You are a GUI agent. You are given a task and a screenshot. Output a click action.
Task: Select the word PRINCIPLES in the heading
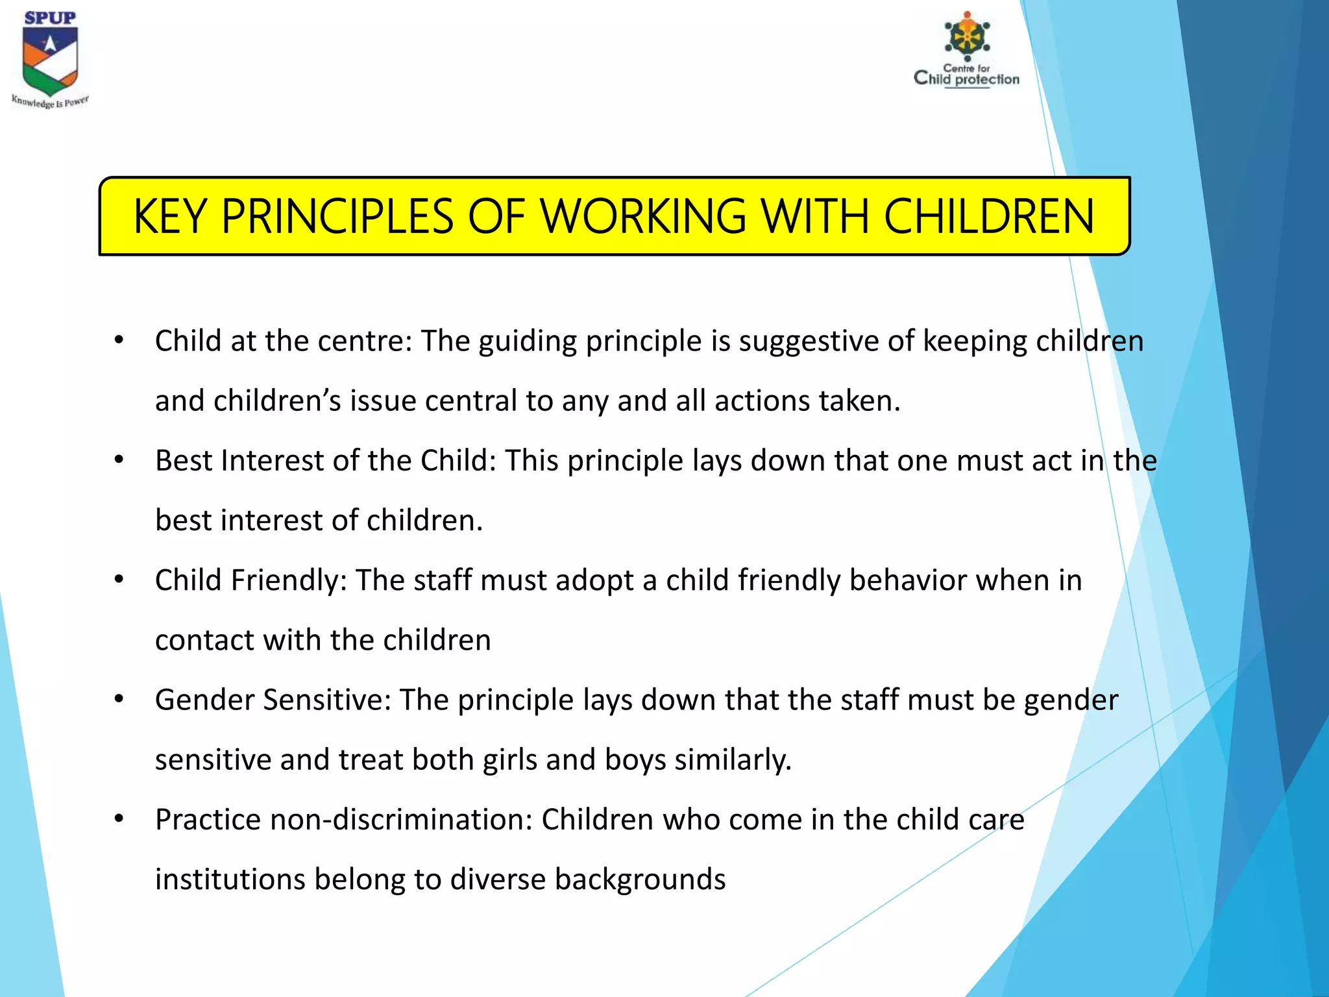pos(337,217)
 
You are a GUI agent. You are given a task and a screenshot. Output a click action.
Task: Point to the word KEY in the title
pos(170,217)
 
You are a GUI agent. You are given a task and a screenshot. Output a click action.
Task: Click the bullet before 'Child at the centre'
pos(119,340)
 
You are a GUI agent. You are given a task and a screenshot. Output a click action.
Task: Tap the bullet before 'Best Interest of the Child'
pos(119,460)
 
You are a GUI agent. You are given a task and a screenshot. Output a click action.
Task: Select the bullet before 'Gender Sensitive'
pos(119,699)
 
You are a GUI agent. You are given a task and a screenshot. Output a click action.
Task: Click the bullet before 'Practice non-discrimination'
pos(119,819)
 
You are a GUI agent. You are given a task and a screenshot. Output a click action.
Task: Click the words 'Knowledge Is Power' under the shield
pos(50,102)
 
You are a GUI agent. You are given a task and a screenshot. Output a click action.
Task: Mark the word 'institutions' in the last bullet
pos(230,880)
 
